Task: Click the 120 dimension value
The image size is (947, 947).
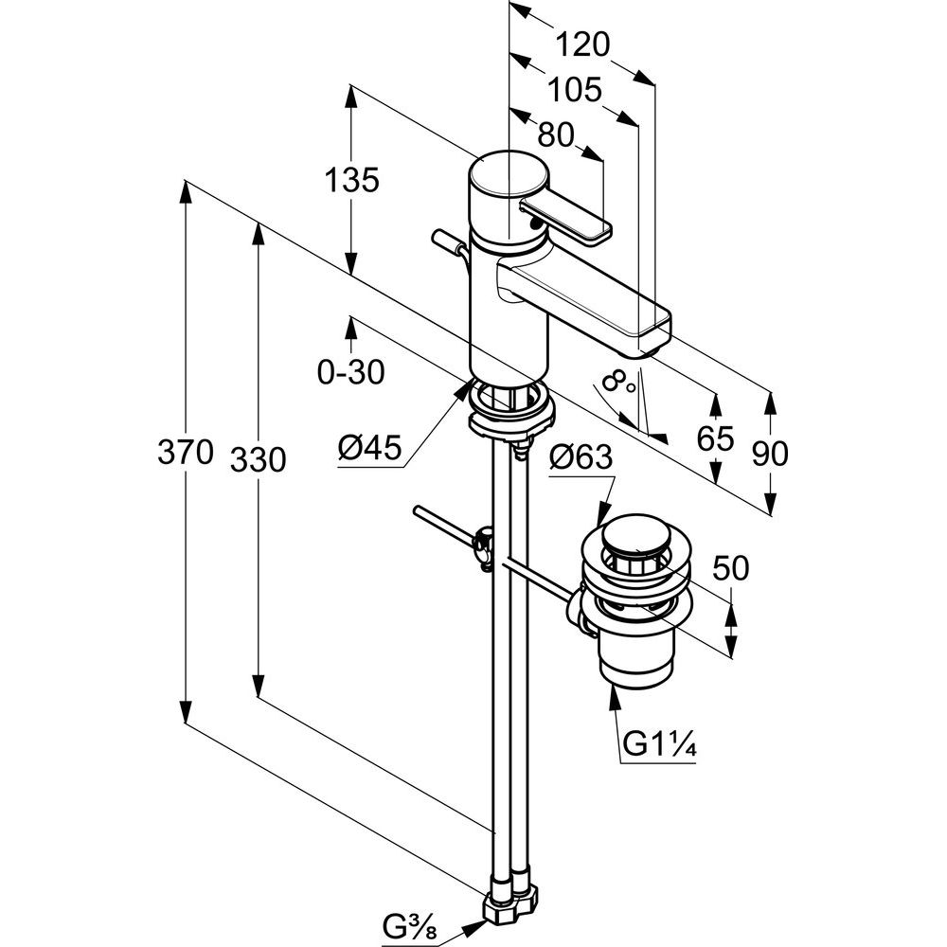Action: click(x=582, y=45)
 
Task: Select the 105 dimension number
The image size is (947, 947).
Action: click(x=575, y=91)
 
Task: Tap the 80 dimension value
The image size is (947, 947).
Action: click(x=556, y=135)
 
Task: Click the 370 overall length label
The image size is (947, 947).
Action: click(x=185, y=452)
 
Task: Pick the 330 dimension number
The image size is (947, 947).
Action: click(x=258, y=460)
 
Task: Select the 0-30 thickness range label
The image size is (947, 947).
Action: click(x=351, y=371)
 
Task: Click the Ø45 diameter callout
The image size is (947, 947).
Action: click(x=370, y=448)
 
